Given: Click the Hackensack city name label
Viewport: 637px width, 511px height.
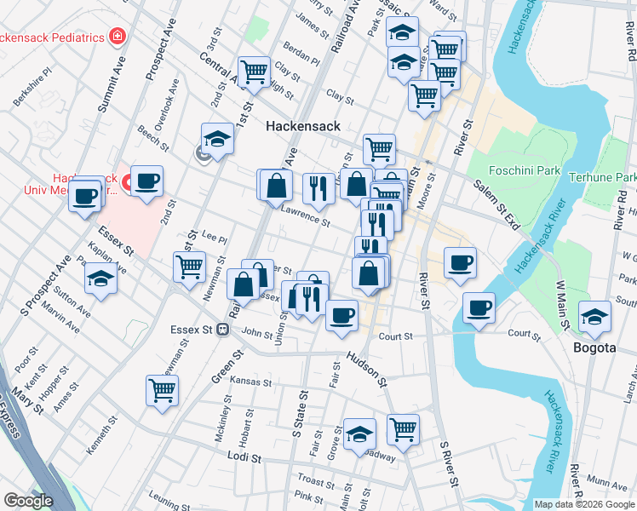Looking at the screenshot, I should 303,126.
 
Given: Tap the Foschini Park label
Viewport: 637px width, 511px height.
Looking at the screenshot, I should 525,170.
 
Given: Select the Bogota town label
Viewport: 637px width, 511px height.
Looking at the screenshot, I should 594,347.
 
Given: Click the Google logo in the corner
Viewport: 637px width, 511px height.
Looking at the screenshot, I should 28,501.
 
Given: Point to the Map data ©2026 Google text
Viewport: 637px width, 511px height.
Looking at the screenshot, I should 583,504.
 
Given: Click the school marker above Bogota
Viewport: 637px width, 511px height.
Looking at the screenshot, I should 594,316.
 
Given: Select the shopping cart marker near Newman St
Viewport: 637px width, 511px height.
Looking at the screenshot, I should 189,266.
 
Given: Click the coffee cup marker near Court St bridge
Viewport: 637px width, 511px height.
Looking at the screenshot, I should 479,307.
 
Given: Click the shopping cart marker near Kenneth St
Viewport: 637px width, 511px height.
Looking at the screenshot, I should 162,391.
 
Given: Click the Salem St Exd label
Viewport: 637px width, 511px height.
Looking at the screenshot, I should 496,204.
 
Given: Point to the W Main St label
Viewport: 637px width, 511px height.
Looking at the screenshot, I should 562,307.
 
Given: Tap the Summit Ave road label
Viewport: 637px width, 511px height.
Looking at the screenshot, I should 112,85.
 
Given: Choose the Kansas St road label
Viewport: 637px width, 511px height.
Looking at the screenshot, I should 250,382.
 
